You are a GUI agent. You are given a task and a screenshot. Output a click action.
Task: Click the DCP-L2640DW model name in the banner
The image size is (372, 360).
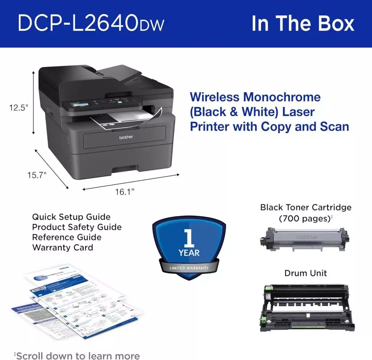coord(91,24)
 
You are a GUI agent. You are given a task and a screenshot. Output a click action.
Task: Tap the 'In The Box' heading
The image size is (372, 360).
coord(303,24)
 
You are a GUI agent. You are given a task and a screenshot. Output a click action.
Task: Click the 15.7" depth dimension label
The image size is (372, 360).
coord(37,175)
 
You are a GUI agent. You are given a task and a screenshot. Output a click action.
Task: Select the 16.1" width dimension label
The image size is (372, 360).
coord(125,192)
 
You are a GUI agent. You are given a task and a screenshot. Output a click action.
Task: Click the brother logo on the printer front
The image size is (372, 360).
coord(126,137)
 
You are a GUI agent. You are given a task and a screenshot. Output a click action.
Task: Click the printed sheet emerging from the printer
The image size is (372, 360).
coord(124,119)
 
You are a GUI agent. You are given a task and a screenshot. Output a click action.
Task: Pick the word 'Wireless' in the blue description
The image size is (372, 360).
coord(214,97)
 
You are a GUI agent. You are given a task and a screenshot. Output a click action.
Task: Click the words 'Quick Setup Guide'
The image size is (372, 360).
coord(71,217)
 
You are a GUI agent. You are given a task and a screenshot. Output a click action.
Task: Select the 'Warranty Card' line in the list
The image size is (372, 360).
coord(62,248)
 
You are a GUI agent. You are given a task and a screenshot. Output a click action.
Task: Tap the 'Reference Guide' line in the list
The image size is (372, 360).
coord(67,238)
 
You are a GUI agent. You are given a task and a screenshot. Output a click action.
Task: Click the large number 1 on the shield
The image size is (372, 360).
coord(189,238)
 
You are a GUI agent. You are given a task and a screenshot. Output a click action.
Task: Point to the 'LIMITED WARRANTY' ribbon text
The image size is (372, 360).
coord(189,268)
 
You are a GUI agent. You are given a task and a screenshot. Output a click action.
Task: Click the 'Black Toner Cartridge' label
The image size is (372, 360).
coord(306,207)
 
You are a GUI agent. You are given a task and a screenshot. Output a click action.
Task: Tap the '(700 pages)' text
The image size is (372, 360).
coord(304,219)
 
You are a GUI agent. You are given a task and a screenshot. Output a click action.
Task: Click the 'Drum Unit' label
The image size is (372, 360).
coord(306,273)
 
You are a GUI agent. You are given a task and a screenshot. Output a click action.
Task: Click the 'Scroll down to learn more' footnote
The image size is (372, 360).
coord(77,355)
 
